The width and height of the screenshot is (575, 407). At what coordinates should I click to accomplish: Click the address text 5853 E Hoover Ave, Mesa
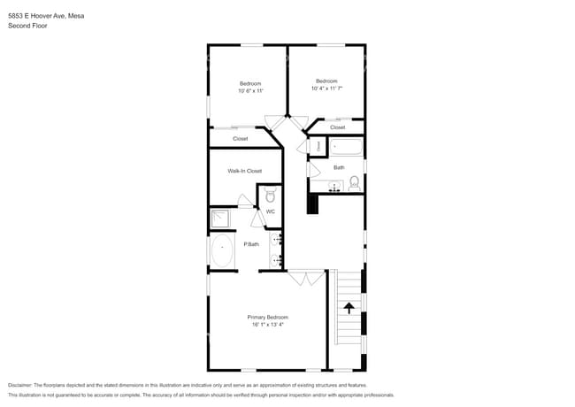[41, 16]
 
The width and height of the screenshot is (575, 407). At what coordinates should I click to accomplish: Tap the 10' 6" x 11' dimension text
[250, 91]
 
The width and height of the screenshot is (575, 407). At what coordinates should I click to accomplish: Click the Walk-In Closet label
[244, 171]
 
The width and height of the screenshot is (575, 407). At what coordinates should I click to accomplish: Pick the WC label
[271, 211]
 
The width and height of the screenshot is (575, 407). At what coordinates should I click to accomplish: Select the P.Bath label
[251, 244]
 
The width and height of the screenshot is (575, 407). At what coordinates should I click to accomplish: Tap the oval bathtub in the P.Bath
[221, 251]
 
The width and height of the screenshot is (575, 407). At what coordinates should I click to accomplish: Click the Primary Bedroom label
[267, 317]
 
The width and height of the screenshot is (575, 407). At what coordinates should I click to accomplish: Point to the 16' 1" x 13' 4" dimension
[266, 325]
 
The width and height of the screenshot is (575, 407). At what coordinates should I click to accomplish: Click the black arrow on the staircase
[349, 308]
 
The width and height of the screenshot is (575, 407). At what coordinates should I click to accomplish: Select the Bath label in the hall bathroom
[339, 167]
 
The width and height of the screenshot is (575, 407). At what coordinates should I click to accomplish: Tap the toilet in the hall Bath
[354, 184]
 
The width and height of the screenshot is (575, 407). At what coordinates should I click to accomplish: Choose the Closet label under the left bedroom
[241, 139]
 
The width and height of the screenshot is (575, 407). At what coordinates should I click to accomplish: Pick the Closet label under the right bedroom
[337, 127]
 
